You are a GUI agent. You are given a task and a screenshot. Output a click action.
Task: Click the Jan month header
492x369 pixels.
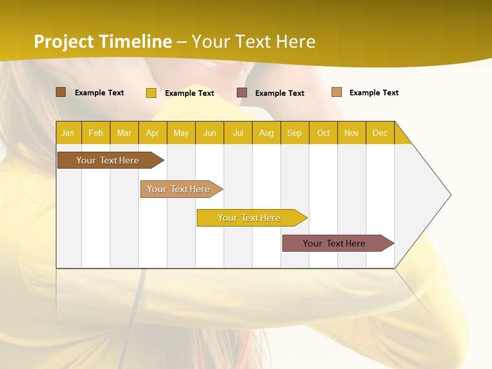[x=68, y=133]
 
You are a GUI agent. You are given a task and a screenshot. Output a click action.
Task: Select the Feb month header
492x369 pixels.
[x=96, y=133]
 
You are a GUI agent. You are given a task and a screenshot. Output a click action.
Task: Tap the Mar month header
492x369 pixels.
[x=124, y=133]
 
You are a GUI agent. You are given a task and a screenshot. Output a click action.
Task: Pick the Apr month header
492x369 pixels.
[x=153, y=133]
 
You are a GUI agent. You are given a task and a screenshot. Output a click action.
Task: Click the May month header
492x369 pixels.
[x=181, y=133]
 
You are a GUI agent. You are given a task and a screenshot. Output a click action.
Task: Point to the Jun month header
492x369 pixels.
[x=210, y=133]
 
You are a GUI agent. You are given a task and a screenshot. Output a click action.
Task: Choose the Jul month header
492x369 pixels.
[x=238, y=133]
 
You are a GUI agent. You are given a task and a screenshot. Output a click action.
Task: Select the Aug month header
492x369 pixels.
[x=266, y=133]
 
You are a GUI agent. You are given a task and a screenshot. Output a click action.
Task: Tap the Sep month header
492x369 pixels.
[x=295, y=133]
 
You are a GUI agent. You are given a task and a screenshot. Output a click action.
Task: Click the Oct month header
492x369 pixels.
[x=323, y=133]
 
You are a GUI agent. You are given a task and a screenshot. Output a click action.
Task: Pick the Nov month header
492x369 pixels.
[x=352, y=133]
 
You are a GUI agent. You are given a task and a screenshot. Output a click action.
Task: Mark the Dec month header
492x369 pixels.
[x=380, y=133]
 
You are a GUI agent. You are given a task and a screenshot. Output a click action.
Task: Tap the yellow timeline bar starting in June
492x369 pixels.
[x=250, y=218]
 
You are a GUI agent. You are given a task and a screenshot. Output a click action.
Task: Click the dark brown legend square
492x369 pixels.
[x=61, y=92]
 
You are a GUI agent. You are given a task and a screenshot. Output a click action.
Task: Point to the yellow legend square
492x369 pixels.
[x=151, y=93]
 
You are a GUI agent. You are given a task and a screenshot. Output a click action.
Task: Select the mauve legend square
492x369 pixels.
[x=242, y=92]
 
